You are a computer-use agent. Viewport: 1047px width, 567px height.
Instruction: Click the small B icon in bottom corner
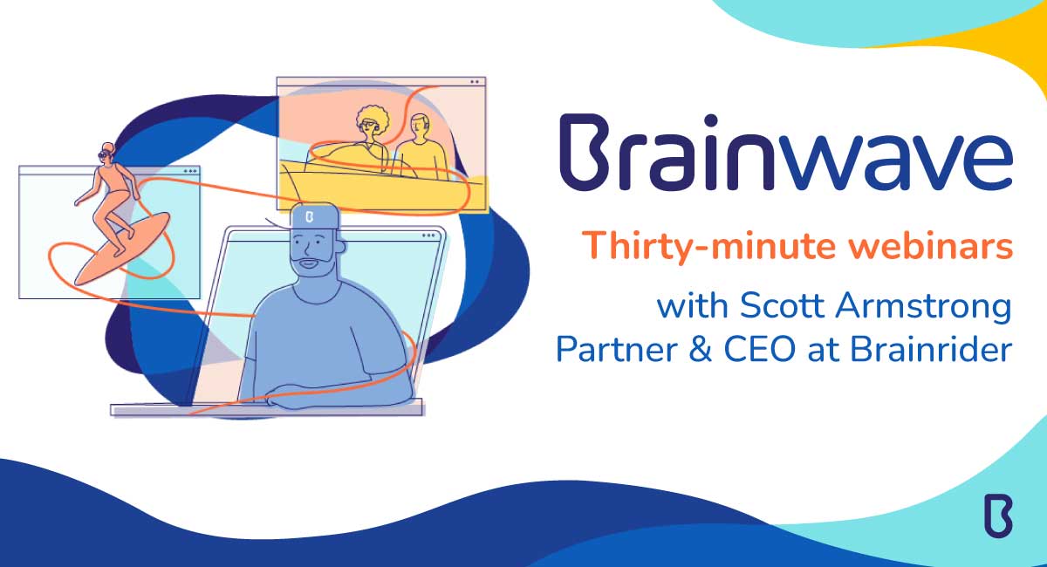click(x=997, y=515)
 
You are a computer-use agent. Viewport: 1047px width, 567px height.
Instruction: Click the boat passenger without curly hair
click(x=420, y=144)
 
